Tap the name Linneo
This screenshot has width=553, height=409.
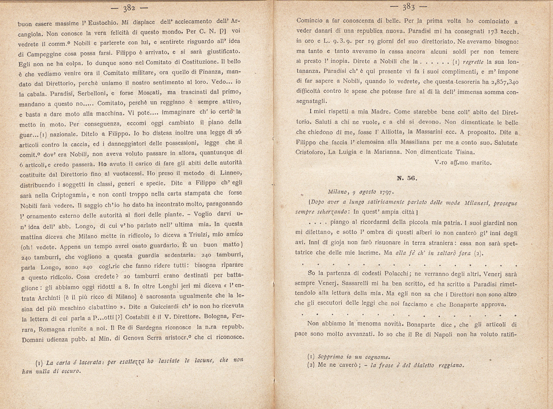pos(231,173)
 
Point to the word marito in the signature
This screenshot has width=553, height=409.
pos(481,163)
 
